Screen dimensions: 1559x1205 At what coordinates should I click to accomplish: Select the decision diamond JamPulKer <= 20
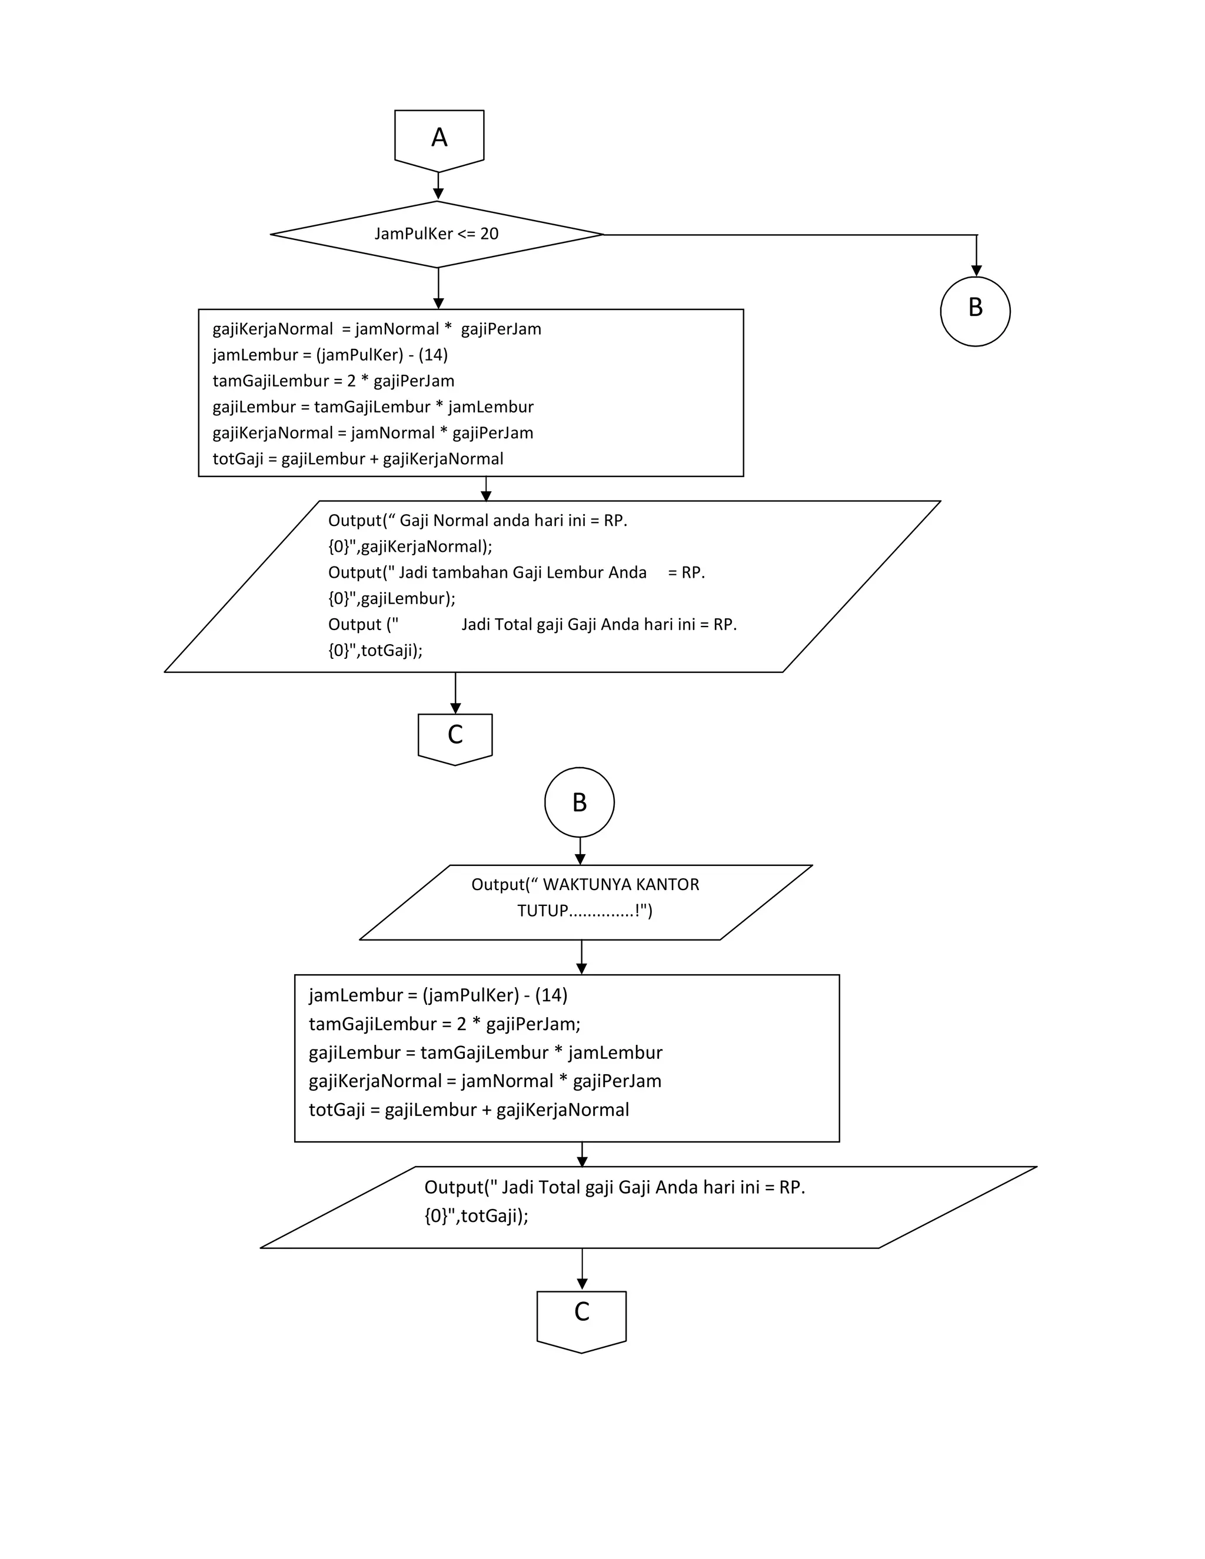point(437,234)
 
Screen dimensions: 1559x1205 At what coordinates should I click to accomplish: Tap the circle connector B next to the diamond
point(975,311)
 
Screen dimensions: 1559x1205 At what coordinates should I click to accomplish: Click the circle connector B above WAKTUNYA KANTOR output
point(579,802)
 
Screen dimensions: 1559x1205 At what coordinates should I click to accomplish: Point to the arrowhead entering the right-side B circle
point(976,271)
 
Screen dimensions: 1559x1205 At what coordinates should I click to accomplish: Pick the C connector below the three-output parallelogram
point(455,737)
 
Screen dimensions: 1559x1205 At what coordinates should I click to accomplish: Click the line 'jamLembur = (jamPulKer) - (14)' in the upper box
point(330,355)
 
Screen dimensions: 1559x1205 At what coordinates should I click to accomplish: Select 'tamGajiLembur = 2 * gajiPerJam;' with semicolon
point(444,1024)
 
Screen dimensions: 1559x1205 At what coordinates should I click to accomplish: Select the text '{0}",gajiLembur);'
point(391,598)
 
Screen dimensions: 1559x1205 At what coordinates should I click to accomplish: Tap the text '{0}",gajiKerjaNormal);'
point(410,547)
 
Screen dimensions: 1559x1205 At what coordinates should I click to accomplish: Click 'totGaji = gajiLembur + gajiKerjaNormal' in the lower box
point(468,1110)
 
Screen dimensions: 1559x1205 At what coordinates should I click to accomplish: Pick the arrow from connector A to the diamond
point(438,187)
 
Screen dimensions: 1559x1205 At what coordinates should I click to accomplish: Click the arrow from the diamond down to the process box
point(438,288)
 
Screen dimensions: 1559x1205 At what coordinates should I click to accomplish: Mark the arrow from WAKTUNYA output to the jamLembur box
point(581,957)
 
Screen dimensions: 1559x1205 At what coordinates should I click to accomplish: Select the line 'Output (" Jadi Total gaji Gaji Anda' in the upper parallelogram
point(532,625)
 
